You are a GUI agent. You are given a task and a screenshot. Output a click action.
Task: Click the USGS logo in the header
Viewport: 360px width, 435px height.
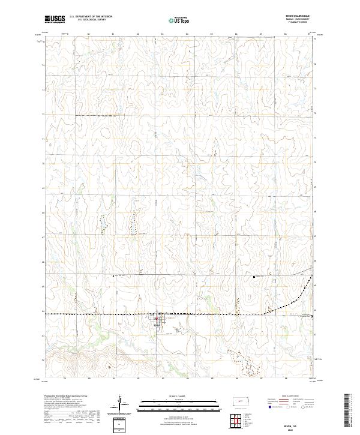pos(55,19)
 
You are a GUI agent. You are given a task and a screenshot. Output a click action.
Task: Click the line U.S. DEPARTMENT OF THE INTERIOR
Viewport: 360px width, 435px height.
pos(91,17)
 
